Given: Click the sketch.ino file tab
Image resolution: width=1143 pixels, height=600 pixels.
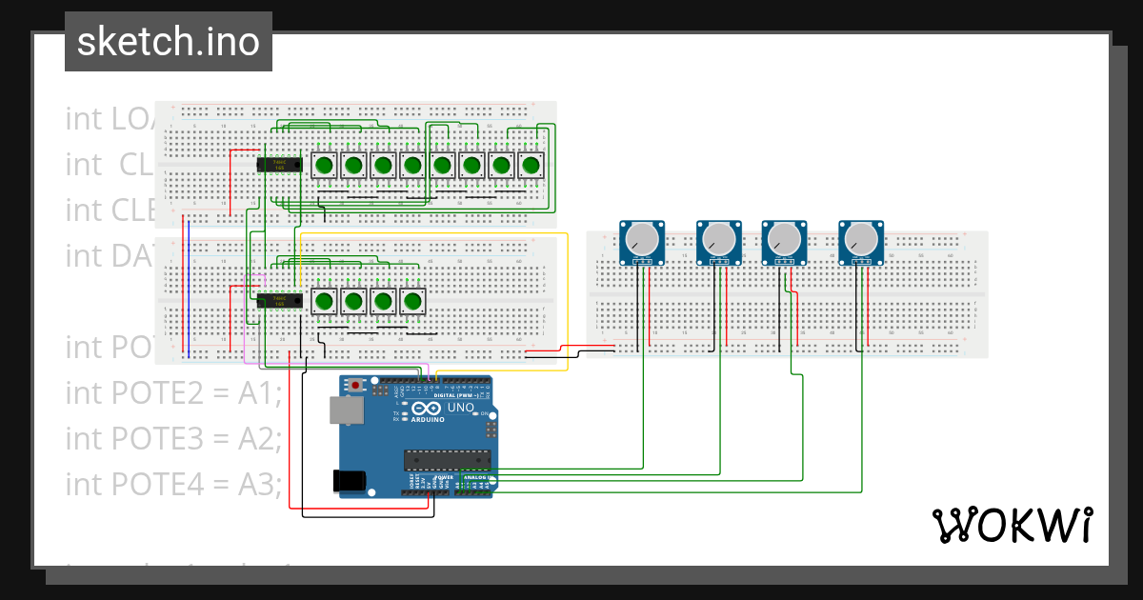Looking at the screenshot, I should [x=168, y=42].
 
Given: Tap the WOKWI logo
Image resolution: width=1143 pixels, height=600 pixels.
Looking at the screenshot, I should [x=1011, y=525].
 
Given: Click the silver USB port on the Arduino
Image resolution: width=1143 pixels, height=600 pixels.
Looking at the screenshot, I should [x=344, y=410].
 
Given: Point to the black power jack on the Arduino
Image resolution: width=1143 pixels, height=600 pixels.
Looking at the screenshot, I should [x=347, y=482].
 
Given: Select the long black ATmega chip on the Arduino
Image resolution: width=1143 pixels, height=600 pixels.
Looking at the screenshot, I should [x=445, y=460].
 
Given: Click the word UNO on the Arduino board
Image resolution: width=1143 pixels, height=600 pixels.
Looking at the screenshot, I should [x=462, y=408].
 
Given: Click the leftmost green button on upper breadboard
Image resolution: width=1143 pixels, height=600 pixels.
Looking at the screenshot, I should [x=324, y=166].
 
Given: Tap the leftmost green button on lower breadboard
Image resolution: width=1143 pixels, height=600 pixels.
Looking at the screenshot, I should [x=324, y=302].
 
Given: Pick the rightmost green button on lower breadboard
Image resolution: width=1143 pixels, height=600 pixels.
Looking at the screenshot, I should [x=412, y=302].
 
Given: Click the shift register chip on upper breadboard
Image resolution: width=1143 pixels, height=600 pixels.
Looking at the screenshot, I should [x=280, y=165].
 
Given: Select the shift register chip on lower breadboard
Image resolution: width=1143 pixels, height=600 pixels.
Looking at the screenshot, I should [x=280, y=301].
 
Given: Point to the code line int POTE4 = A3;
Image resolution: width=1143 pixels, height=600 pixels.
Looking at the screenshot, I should [x=173, y=484].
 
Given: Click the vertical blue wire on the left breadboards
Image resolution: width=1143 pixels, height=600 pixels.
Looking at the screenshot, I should [x=189, y=290].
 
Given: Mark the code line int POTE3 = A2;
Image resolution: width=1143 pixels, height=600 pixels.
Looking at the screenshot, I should [x=173, y=438].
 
